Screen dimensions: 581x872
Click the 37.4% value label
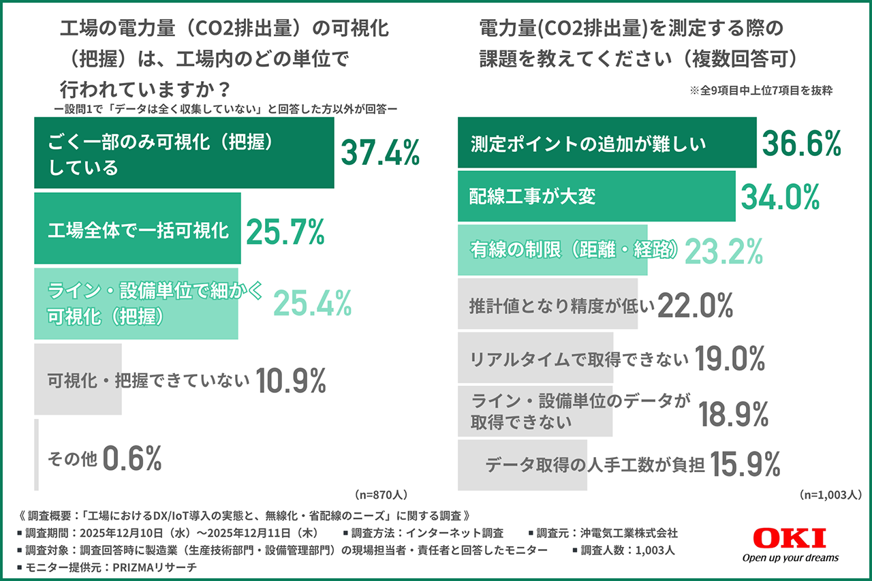(x=380, y=153)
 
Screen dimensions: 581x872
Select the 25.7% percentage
(x=285, y=233)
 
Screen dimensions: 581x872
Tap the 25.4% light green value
(x=313, y=304)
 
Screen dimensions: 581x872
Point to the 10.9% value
(x=291, y=381)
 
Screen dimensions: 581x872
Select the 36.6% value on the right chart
(x=802, y=144)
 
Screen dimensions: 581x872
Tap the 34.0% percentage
(x=780, y=197)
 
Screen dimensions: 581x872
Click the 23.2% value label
(x=723, y=251)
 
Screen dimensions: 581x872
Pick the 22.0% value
(x=695, y=306)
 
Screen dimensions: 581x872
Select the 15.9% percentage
(x=745, y=465)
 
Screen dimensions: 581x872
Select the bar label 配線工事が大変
(x=533, y=197)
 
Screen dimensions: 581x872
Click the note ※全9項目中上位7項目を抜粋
(x=762, y=89)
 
